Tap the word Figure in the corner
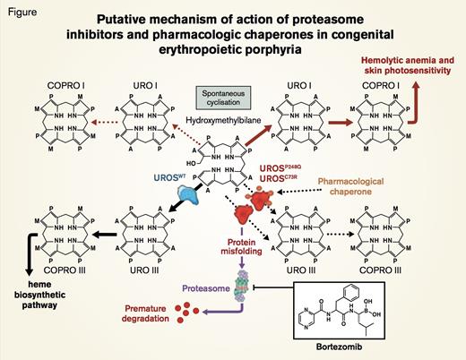[21, 8]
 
